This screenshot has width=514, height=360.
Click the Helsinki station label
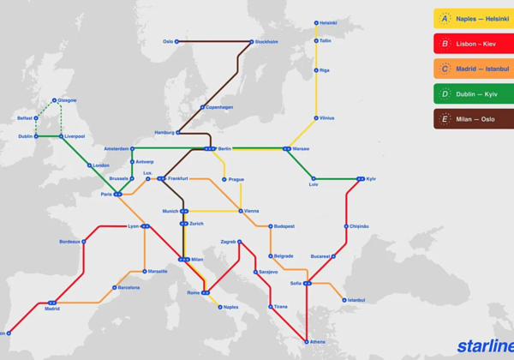point(329,23)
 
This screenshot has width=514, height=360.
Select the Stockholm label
point(266,41)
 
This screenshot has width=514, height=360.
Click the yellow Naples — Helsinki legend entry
point(473,18)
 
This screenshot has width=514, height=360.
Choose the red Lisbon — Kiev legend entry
point(473,43)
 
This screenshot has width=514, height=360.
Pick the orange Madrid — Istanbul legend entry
point(473,69)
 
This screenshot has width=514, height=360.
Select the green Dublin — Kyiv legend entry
point(473,93)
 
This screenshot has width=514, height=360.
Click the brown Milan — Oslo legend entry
point(473,119)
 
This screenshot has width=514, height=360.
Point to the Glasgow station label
point(67,100)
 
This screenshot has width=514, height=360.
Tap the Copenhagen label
point(219,108)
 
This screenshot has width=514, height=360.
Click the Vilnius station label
point(326,118)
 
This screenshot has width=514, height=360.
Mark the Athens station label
point(317,342)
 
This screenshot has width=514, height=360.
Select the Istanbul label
point(356,300)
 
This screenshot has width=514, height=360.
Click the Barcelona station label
point(128,288)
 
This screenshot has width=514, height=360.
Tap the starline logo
point(484,346)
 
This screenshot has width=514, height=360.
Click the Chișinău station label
point(358,226)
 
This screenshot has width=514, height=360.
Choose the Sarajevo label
point(268,272)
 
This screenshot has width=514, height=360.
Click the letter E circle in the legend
point(445,119)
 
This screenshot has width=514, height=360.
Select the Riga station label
point(324,70)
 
